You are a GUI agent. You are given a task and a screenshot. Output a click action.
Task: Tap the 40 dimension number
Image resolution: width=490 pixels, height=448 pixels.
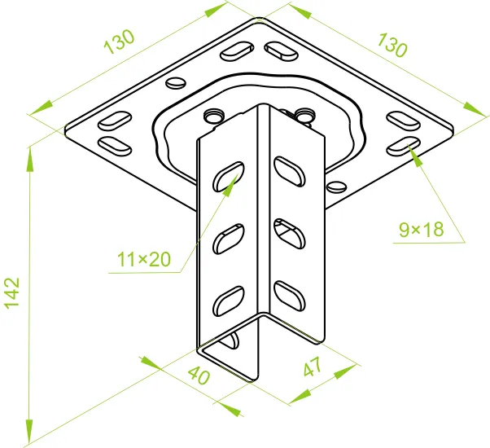[x=199, y=376]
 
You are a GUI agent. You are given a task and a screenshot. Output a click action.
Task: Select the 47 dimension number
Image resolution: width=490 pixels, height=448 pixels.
[x=312, y=367]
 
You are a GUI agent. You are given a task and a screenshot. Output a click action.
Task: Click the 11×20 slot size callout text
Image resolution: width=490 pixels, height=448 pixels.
[x=144, y=260]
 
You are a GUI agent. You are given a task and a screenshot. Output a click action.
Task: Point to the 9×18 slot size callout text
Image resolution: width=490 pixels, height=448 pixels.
[x=422, y=230]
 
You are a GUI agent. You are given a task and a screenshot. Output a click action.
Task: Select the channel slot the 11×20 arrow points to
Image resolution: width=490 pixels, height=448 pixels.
[x=229, y=177]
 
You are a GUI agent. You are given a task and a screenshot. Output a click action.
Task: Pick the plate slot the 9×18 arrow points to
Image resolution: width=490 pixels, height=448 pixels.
[x=404, y=147]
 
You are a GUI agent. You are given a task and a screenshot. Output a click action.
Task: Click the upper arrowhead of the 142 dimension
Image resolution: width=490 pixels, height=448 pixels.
[x=29, y=159]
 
